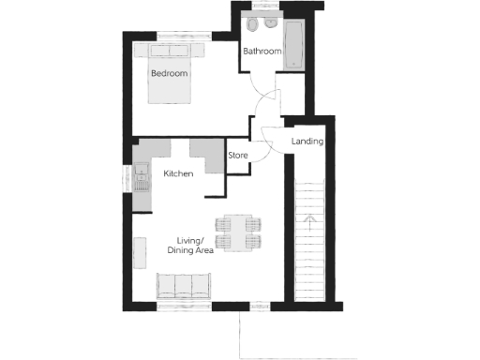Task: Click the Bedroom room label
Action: [x=169, y=73]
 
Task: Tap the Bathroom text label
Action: [x=262, y=52]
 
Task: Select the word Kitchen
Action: [x=178, y=174]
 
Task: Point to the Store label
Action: [x=238, y=156]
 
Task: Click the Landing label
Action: [x=307, y=142]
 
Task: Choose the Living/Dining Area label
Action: [x=190, y=246]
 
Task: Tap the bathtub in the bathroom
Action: [x=294, y=43]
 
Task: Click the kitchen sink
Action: [x=142, y=173]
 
